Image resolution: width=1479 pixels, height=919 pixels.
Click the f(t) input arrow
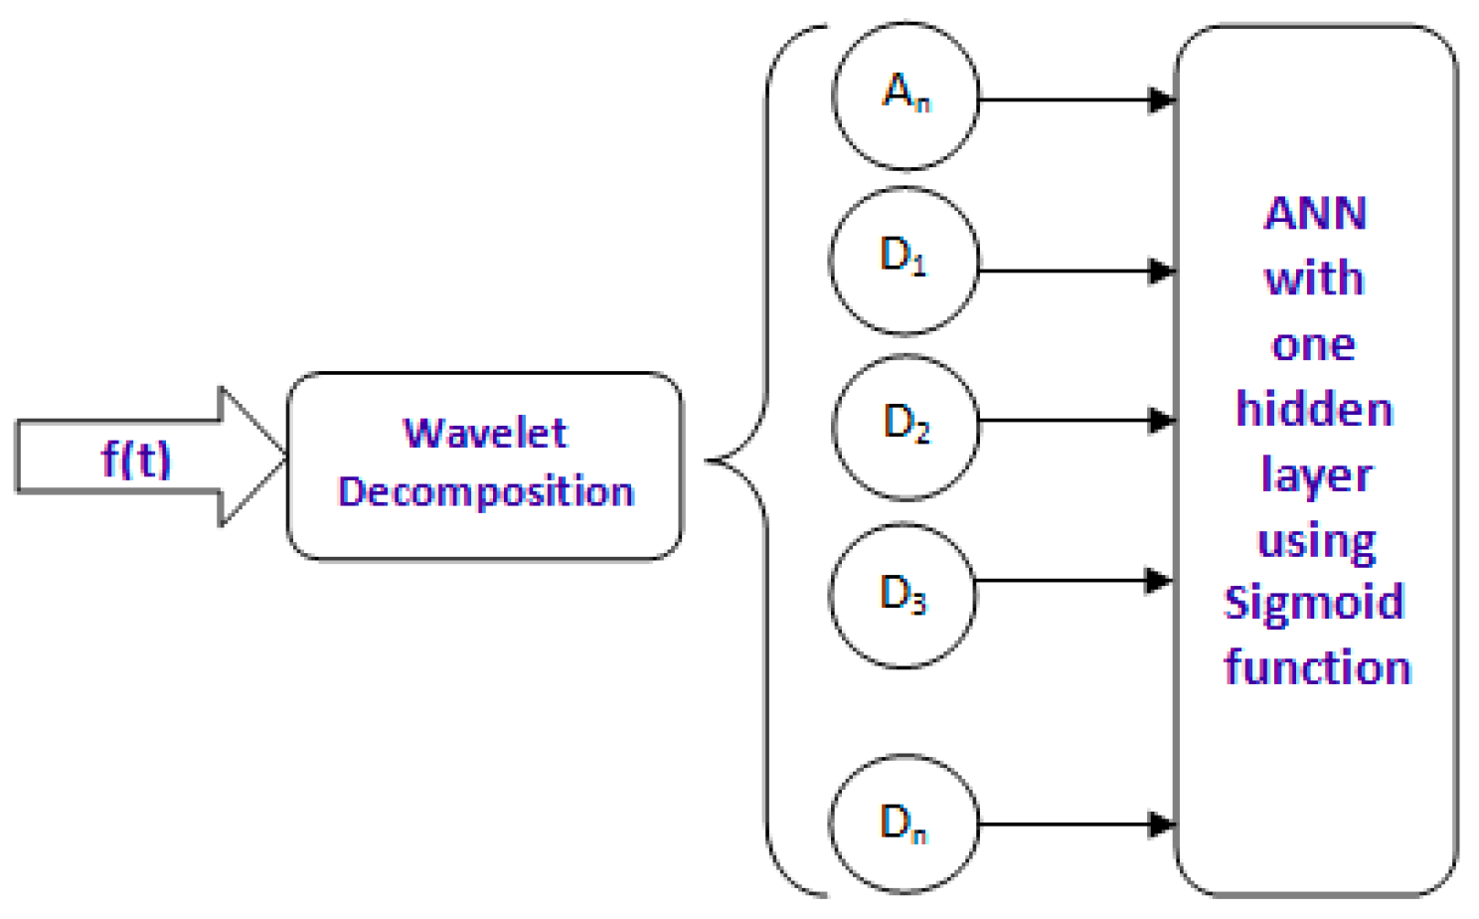click(x=139, y=459)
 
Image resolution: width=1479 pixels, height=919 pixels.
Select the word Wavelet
click(x=485, y=434)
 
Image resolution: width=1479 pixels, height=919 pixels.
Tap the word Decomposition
click(x=485, y=491)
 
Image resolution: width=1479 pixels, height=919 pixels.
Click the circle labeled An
click(x=905, y=96)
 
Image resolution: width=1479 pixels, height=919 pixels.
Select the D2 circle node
click(x=905, y=427)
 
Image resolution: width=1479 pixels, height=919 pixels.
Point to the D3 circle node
click(x=903, y=595)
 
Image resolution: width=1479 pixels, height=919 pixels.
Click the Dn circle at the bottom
click(x=904, y=825)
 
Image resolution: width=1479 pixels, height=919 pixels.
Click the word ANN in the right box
click(x=1315, y=213)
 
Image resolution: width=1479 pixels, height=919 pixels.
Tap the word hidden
click(x=1314, y=409)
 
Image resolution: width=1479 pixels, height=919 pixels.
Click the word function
click(x=1317, y=666)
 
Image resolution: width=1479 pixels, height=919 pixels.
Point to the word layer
click(x=1316, y=475)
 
